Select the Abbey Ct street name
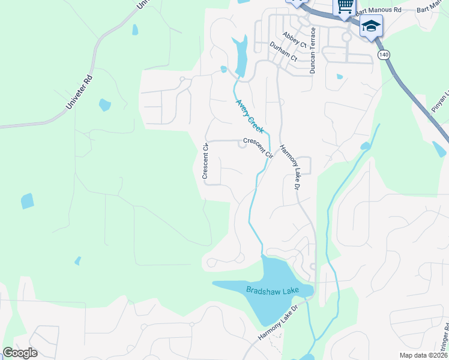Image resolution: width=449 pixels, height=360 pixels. pos(294,40)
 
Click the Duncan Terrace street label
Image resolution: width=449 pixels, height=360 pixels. pos(312,50)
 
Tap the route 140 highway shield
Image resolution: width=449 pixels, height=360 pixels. pos(384,55)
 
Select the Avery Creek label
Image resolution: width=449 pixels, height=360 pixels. pos(250,116)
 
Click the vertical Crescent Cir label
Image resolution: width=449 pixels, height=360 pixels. pos(205,161)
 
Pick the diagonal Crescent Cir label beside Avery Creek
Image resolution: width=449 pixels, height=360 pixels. pos(258,148)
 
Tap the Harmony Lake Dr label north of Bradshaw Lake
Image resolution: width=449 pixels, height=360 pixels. pos(291,170)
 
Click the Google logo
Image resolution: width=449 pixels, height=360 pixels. pos(20,353)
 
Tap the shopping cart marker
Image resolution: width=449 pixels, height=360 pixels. pos(345,7)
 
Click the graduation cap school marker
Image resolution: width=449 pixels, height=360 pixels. pos(371,27)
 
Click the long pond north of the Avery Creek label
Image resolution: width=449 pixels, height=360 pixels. pos(242,54)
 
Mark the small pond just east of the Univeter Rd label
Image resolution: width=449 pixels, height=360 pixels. pos(104,105)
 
